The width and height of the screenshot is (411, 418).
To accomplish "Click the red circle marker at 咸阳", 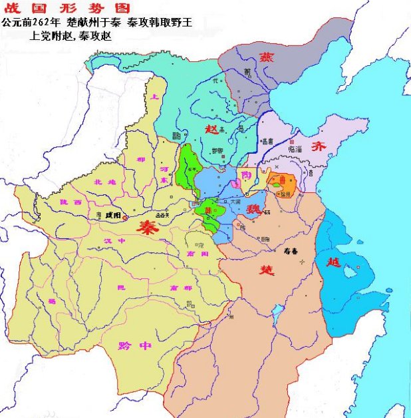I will (124, 217).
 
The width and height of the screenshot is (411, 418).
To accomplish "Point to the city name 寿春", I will (284, 252).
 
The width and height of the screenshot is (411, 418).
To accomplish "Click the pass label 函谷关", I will (164, 216).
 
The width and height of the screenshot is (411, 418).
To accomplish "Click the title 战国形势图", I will (43, 8).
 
